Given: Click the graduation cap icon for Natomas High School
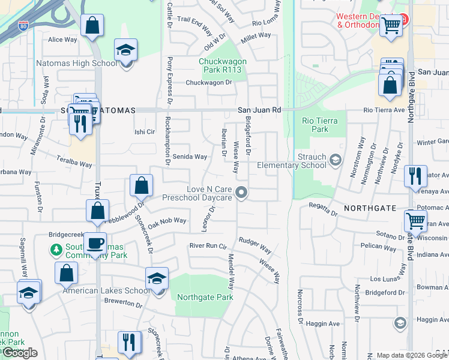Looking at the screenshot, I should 126,50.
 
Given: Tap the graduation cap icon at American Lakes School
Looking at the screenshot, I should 157,279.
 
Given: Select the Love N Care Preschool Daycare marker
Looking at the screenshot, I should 241,193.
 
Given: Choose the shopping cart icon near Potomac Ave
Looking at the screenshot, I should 415,220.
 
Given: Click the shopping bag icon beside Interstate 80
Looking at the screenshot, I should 92,26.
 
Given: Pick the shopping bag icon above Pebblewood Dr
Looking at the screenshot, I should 141,186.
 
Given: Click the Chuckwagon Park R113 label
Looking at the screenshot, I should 220,65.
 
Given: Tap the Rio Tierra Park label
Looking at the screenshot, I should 320,125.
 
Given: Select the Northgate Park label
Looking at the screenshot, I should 204,297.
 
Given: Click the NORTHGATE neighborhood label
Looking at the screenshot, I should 370,208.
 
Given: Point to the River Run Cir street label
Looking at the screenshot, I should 210,246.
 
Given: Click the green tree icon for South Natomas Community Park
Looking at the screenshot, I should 56,249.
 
